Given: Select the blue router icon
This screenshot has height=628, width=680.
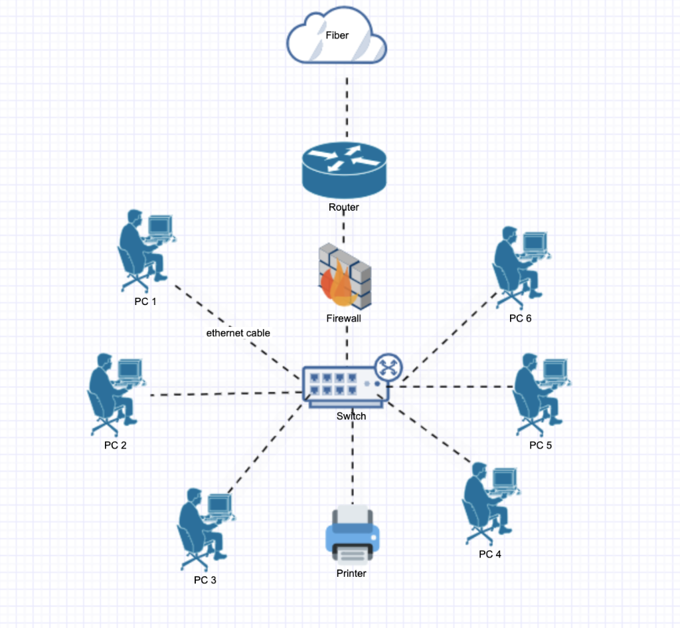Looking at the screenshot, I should (343, 170).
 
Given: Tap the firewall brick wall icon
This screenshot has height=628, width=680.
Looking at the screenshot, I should (345, 276).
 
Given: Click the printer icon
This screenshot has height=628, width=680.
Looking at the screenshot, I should (352, 535).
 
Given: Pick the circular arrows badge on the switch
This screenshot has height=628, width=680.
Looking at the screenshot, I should (386, 367).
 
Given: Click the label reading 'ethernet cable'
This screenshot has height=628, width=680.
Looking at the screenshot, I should (238, 333).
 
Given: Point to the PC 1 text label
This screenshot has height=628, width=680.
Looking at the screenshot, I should (145, 302).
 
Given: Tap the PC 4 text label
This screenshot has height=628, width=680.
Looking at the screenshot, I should (490, 554).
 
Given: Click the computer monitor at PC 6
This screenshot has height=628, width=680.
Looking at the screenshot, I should (534, 242).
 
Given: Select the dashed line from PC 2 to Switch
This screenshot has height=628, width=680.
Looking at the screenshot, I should (226, 395).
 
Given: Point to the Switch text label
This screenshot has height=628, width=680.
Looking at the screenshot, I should (351, 416).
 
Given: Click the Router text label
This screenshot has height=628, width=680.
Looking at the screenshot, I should (343, 207).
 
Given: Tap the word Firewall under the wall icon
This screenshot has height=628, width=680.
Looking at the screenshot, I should (343, 318).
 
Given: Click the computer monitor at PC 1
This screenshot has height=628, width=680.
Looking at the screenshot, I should (159, 227).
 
